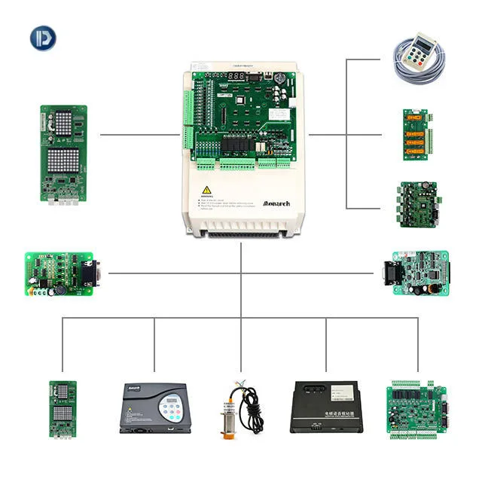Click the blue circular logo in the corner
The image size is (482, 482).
43,38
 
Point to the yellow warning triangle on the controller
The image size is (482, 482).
206,191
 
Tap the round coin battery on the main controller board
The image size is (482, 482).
280,77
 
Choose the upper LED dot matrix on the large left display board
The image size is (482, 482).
64,124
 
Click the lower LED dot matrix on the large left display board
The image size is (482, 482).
64,162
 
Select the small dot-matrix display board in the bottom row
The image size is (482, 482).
63,407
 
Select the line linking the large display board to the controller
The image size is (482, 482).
140,136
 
